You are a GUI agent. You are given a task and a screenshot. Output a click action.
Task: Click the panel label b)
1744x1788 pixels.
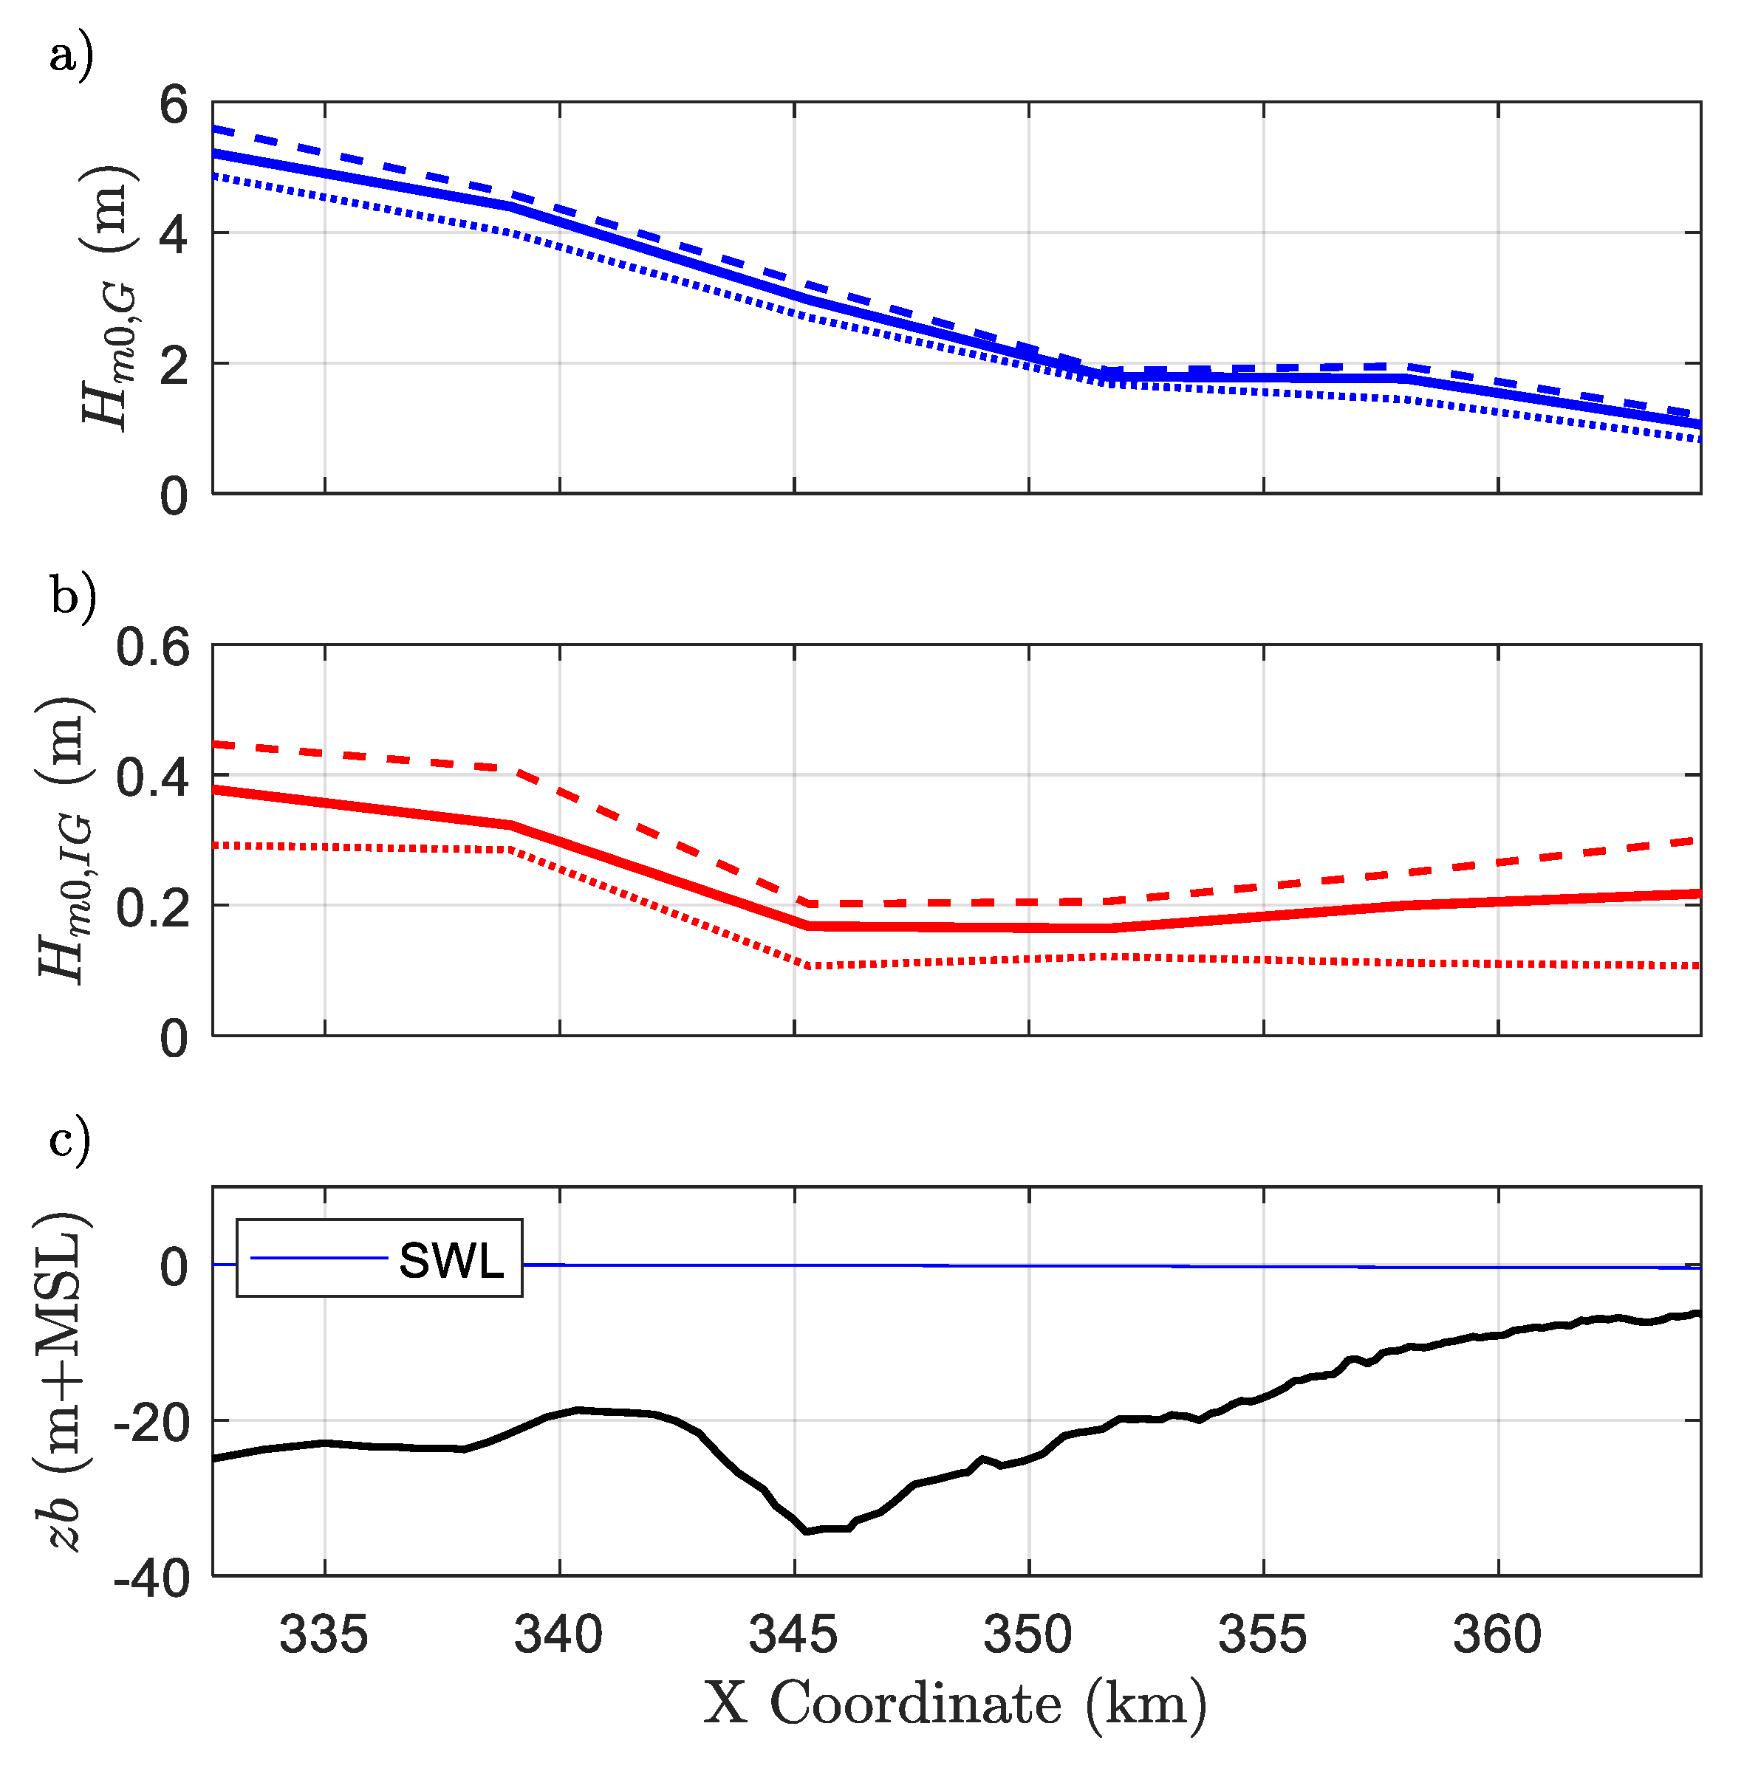point(72,599)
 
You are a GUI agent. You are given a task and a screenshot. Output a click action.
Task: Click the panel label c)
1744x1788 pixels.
point(69,1141)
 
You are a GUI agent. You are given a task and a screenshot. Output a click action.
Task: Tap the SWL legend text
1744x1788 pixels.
point(451,1262)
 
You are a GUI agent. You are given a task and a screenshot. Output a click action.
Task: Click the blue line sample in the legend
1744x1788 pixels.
point(319,1259)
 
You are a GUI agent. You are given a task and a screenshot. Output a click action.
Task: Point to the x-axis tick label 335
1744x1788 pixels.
point(324,1636)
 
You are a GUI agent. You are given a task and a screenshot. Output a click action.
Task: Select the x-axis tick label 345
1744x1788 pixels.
point(793,1636)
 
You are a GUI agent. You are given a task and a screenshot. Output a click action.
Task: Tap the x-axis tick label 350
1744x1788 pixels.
point(1027,1636)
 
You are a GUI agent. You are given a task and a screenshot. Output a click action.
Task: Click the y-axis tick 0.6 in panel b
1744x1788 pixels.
point(152,648)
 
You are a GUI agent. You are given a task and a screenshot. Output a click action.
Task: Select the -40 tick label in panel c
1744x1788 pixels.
point(152,1579)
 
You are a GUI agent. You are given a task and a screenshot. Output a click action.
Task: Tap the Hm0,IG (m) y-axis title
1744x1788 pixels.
point(64,839)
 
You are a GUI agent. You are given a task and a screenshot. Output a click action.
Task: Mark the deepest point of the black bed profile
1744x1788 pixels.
point(806,1531)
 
